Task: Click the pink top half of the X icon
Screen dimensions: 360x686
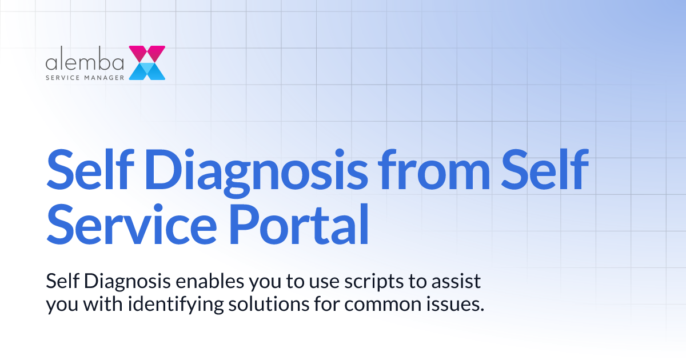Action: pyautogui.click(x=147, y=53)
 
